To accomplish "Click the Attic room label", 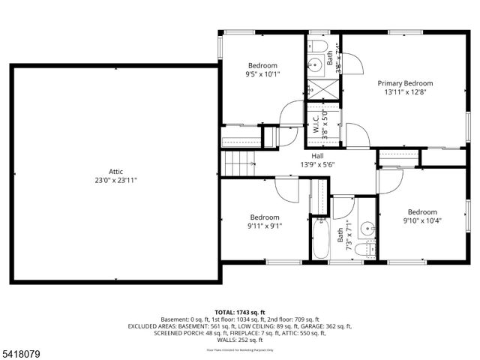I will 115,171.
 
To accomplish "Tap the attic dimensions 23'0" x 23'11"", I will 115,180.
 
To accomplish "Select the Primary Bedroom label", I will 405,83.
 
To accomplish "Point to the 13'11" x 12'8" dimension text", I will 405,93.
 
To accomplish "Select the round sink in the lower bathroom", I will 367,227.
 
